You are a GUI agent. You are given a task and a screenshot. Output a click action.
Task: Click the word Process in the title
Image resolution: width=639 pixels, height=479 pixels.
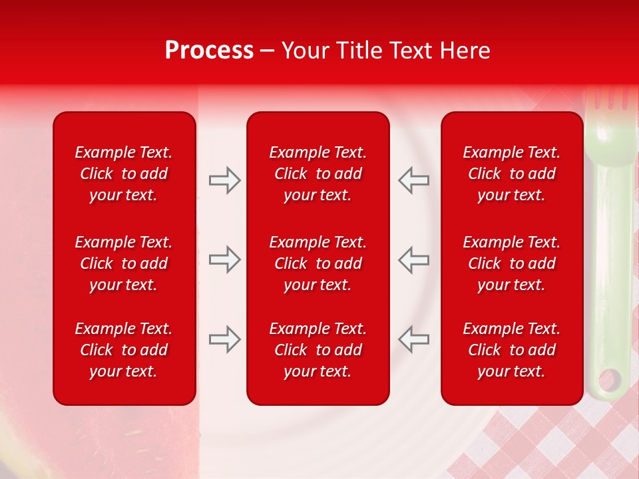[209, 51]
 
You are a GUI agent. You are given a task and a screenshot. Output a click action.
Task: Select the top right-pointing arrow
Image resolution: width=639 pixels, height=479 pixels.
[224, 180]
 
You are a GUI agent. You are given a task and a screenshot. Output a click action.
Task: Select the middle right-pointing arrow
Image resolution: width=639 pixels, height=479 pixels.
[224, 259]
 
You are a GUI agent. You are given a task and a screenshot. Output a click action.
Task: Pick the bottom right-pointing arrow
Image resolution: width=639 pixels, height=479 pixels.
[224, 339]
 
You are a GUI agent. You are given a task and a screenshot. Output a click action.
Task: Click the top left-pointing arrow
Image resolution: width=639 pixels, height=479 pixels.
[413, 180]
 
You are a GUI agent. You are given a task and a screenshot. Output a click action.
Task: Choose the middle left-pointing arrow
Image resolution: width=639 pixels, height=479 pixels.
[413, 259]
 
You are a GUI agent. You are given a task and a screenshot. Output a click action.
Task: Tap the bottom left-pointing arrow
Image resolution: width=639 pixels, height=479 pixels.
[413, 339]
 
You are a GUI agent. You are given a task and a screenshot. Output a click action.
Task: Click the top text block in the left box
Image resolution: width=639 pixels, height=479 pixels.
[124, 174]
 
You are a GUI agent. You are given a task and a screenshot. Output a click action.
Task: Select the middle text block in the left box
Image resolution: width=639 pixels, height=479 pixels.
[124, 263]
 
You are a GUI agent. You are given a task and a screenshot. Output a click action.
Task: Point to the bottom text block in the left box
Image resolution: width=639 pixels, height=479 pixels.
[124, 350]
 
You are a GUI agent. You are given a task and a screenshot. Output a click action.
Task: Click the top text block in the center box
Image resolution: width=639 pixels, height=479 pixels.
[318, 174]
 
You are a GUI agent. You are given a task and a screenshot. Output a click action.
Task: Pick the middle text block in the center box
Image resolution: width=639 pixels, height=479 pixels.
[318, 263]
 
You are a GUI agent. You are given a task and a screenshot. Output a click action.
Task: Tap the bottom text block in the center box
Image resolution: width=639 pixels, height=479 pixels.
[318, 350]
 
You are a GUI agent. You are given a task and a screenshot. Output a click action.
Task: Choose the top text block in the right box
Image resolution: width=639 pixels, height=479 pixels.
[512, 174]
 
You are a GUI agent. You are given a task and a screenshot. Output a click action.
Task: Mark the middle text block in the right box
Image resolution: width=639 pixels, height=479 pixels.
[512, 263]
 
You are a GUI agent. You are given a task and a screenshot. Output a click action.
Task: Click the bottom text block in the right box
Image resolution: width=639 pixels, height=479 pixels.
[512, 350]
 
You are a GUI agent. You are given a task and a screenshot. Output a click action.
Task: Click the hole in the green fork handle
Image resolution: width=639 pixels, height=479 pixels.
[609, 381]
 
